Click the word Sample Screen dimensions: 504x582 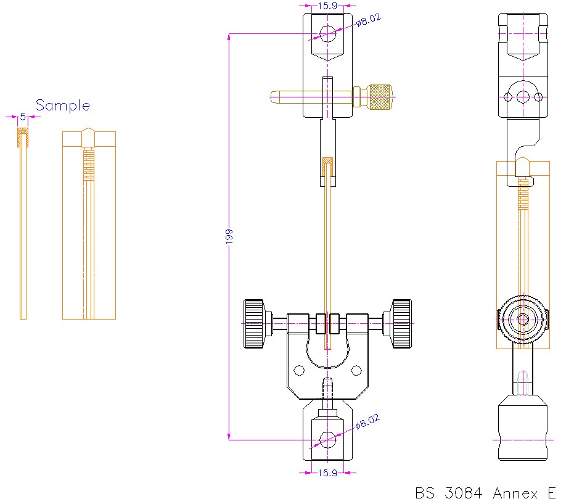[x=62, y=105]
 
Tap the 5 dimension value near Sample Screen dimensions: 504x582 [x=23, y=116]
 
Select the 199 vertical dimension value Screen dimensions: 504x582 [x=229, y=237]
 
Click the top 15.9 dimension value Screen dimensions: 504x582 [x=327, y=7]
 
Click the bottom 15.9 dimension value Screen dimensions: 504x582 [x=327, y=473]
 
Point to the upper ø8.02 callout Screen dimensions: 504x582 [x=369, y=21]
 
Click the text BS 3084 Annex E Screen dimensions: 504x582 [x=486, y=493]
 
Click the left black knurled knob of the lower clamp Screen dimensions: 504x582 [x=254, y=323]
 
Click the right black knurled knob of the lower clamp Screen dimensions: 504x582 [x=401, y=323]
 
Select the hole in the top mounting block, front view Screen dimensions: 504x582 [x=327, y=32]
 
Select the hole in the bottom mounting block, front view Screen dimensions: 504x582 [x=327, y=439]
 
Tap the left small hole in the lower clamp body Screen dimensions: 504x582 [x=299, y=370]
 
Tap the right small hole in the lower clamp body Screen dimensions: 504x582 [x=356, y=370]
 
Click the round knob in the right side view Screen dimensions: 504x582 [x=523, y=319]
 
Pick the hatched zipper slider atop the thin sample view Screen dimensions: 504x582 [x=23, y=138]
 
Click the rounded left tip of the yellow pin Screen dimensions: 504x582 [x=275, y=96]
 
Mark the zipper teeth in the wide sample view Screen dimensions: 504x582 [x=89, y=164]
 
